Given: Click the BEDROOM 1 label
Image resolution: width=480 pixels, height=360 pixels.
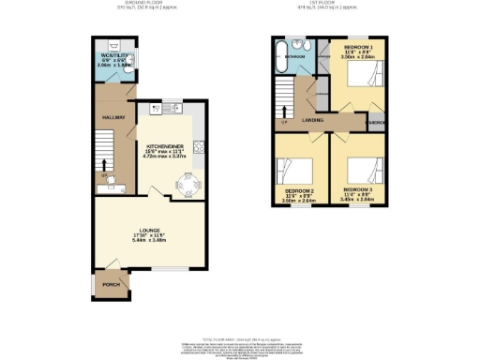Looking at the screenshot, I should point(358,47).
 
